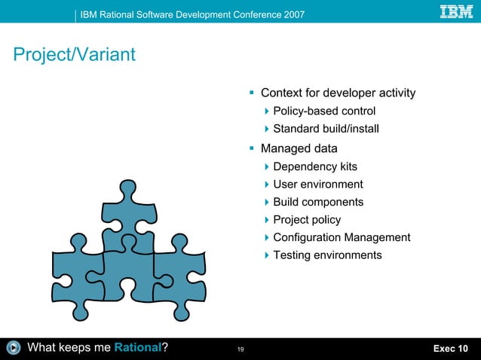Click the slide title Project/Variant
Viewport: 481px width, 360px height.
click(73, 55)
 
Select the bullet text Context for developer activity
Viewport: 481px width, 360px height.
click(338, 93)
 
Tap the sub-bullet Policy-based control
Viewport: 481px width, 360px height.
click(324, 111)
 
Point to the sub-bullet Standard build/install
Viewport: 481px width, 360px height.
click(326, 130)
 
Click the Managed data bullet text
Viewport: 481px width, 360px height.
click(299, 148)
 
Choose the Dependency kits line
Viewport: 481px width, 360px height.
click(315, 166)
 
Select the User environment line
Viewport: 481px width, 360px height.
click(317, 185)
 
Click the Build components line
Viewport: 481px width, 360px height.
click(318, 202)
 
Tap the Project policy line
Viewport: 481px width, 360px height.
click(307, 220)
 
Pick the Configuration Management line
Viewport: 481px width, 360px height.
click(342, 238)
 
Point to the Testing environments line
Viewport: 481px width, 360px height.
click(327, 255)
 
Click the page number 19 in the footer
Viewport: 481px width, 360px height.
click(240, 349)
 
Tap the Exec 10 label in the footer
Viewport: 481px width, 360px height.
click(450, 348)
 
